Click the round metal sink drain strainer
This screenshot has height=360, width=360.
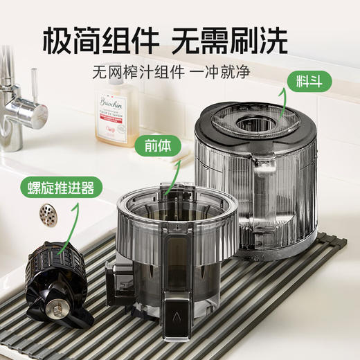coord(48,212)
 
